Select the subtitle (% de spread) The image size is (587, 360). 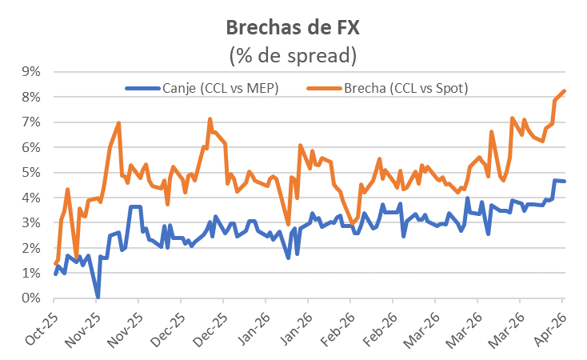293,56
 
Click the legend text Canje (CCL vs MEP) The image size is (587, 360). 220,87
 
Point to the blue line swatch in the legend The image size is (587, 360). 142,88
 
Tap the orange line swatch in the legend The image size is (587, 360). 322,88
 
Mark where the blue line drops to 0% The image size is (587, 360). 98,298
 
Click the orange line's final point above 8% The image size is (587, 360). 565,91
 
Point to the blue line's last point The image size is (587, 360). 565,182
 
